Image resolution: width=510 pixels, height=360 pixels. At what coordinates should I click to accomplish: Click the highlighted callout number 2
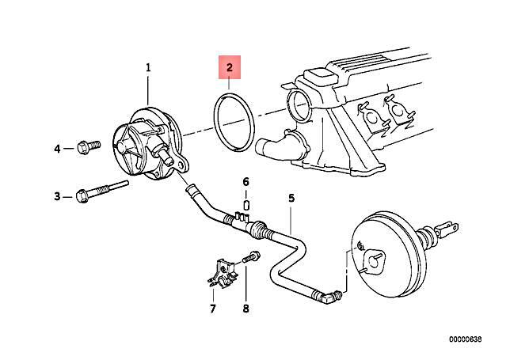pos(230,68)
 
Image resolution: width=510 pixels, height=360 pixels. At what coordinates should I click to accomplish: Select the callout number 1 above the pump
pos(147,69)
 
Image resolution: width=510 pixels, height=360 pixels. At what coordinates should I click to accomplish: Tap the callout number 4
pos(57,148)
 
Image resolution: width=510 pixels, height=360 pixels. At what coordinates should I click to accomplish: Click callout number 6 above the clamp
pos(245,182)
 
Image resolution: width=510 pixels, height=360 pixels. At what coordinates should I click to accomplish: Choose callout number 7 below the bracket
pos(212,309)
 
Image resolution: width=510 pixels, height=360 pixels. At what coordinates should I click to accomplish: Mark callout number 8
pos(245,309)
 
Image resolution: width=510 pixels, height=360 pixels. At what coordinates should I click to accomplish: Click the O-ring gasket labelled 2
pos(230,123)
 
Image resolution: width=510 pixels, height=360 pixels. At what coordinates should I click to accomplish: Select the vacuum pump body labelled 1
pos(147,142)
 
